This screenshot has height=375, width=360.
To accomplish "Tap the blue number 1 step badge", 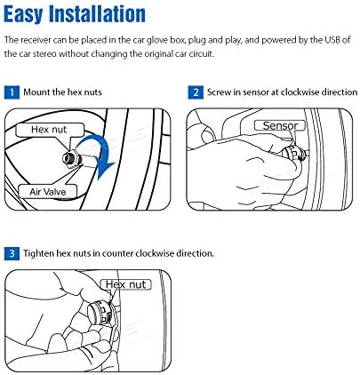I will (11, 92).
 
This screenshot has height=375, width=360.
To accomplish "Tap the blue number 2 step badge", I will (195, 92).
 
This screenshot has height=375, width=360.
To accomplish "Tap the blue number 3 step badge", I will (11, 253).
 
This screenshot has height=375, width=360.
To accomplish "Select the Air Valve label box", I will (42, 190).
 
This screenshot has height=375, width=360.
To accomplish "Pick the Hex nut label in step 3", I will (125, 284).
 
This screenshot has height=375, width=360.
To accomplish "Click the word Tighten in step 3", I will (43, 253).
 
